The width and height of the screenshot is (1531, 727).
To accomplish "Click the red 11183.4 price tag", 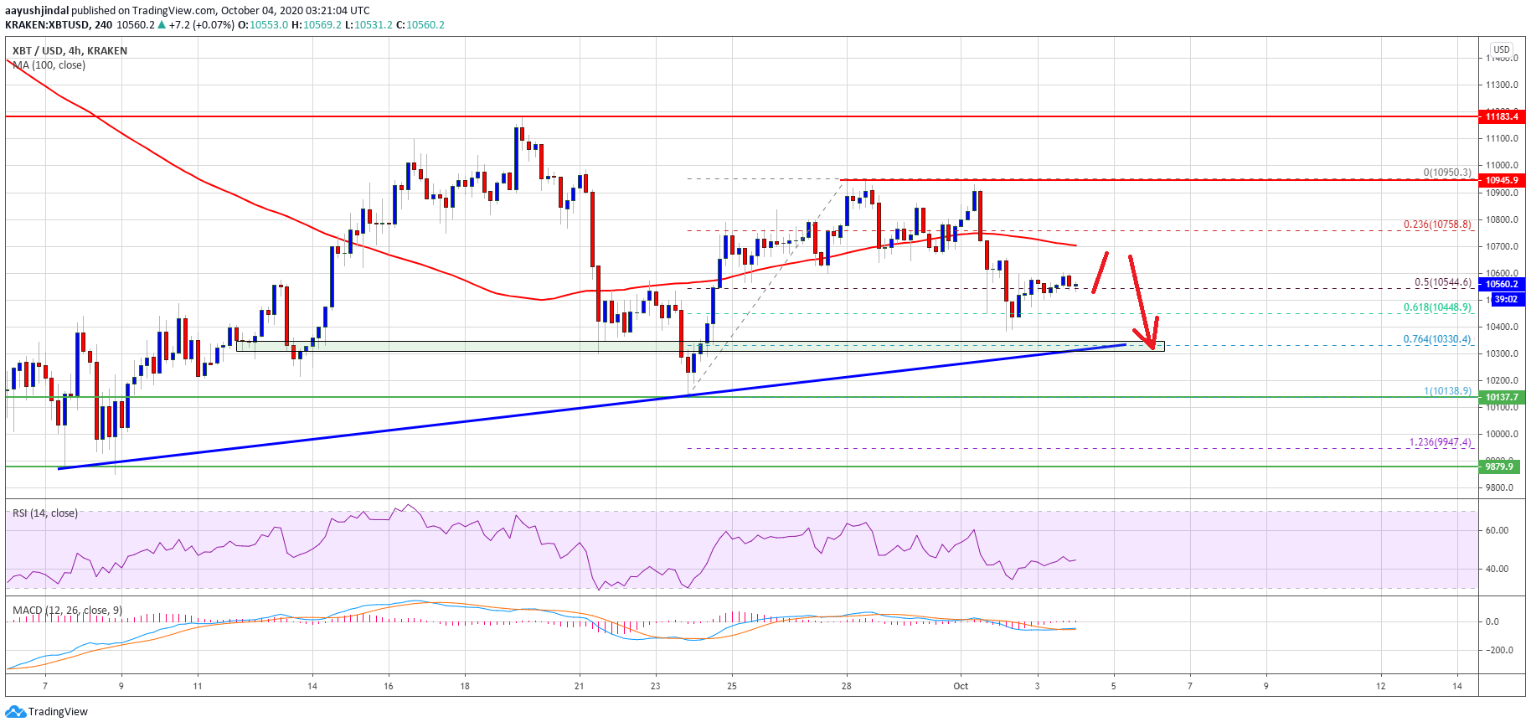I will tap(1501, 116).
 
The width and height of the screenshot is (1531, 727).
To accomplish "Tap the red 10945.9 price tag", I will tap(1501, 180).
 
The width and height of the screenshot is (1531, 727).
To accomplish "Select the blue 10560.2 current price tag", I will tap(1501, 284).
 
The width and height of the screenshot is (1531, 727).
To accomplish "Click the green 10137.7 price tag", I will tap(1501, 397).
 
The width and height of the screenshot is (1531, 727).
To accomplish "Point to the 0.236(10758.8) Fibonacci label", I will tap(1437, 224).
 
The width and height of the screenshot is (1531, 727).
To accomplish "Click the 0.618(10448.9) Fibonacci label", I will tap(1437, 307).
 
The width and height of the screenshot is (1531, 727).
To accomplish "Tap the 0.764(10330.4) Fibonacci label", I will tap(1437, 339).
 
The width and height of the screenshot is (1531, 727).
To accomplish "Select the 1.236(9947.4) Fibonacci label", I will tap(1440, 442).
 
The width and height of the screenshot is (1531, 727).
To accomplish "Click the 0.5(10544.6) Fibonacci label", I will tap(1442, 282).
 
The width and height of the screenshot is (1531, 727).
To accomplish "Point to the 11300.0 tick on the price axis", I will tap(1502, 85).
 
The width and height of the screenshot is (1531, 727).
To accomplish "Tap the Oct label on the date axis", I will tap(961, 686).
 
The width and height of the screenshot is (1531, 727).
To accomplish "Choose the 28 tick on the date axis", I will tap(846, 686).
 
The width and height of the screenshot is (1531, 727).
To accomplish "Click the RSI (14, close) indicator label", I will tap(45, 513).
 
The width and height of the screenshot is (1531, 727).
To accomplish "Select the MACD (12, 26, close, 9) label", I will tap(68, 610).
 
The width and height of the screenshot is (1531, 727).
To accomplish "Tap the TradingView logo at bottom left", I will tap(47, 711).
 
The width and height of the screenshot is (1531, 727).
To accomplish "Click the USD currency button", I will tap(1502, 49).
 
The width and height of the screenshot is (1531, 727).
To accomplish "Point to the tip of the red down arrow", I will tap(1153, 348).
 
